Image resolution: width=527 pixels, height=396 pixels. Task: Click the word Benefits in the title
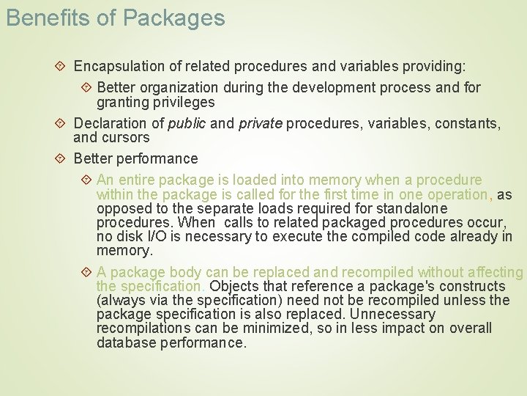tap(41, 18)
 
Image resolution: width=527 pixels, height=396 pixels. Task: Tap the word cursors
tap(126, 137)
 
